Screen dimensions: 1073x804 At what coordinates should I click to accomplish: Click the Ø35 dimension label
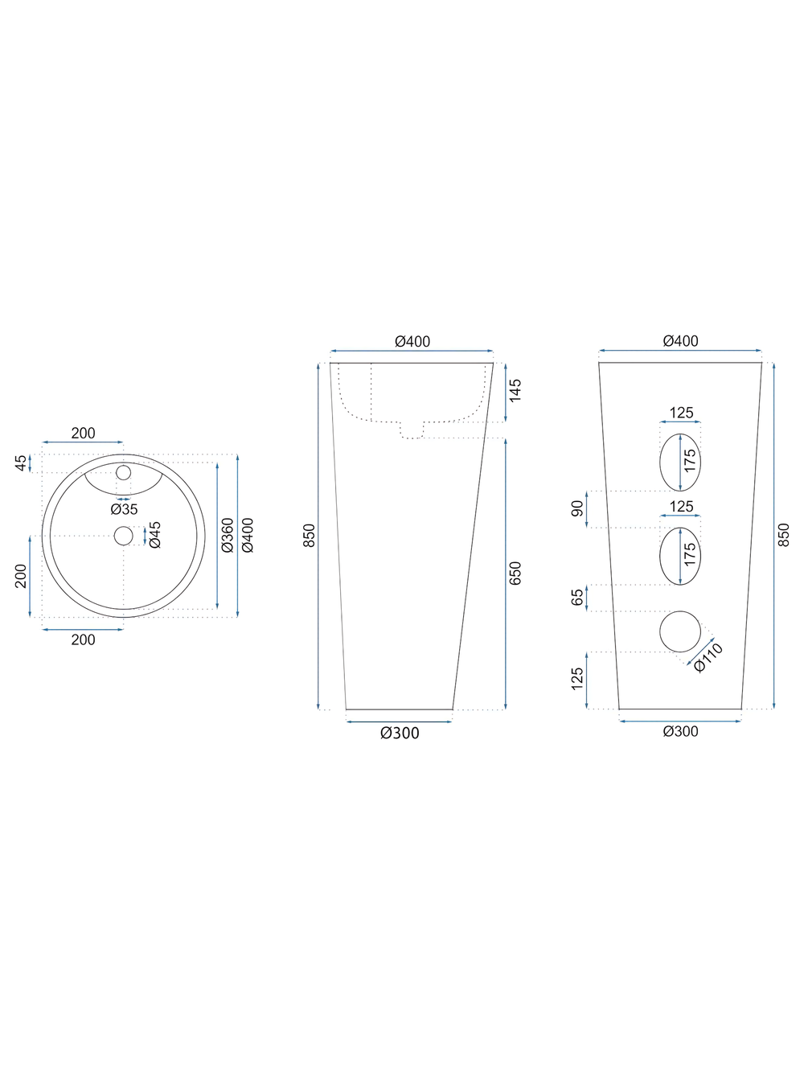point(124,509)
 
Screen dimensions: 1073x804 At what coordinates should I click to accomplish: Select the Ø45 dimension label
point(155,534)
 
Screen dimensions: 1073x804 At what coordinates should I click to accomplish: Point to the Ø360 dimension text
point(228,535)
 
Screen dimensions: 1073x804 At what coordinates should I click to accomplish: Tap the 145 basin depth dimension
point(515,391)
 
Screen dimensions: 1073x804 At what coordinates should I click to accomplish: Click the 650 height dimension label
point(515,573)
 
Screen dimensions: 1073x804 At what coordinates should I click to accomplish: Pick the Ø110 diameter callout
point(708,657)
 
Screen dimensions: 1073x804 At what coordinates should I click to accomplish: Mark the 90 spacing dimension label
point(577,509)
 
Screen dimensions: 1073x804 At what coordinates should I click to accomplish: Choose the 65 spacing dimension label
point(577,598)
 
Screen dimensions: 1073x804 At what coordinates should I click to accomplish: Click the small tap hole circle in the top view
point(123,471)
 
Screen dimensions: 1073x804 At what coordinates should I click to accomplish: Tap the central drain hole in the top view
point(123,536)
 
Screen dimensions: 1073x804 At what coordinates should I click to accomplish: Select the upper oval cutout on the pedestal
point(679,462)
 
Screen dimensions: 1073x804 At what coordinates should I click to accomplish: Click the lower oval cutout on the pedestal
point(679,555)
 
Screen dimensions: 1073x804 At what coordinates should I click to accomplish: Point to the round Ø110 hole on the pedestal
point(679,631)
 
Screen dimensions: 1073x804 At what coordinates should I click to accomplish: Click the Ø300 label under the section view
point(400,733)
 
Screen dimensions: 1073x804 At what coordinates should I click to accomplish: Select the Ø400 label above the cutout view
point(680,341)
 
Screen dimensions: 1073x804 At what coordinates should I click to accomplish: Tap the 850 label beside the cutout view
point(785,535)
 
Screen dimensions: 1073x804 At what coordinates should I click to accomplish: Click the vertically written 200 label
point(22,575)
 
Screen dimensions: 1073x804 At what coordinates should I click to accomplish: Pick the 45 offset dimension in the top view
point(21,463)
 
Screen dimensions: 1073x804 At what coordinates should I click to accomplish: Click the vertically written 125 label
point(577,679)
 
